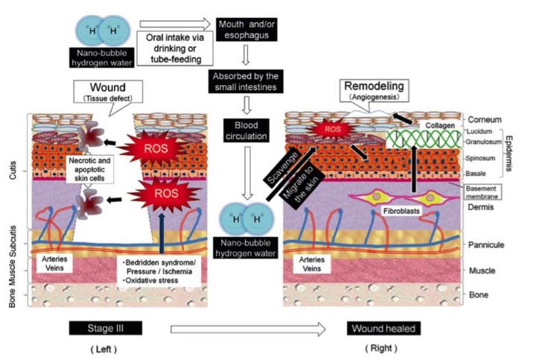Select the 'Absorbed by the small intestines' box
pos(247,80)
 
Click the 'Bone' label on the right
pos(479,296)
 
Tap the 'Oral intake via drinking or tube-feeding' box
pos(175,47)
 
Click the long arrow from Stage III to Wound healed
pos(247,307)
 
